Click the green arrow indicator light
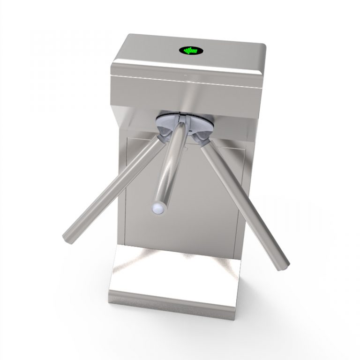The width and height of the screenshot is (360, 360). pos(189,50)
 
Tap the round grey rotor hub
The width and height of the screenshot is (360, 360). pos(185,123)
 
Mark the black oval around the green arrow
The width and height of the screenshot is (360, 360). pos(182,50)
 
